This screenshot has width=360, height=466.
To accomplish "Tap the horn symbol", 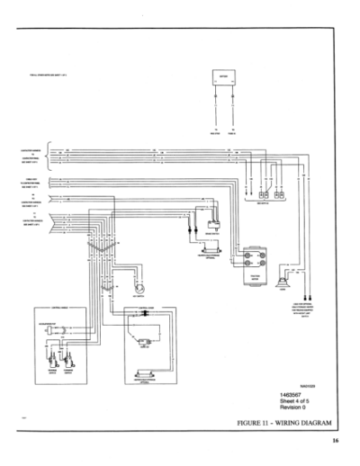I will click(285, 274).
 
